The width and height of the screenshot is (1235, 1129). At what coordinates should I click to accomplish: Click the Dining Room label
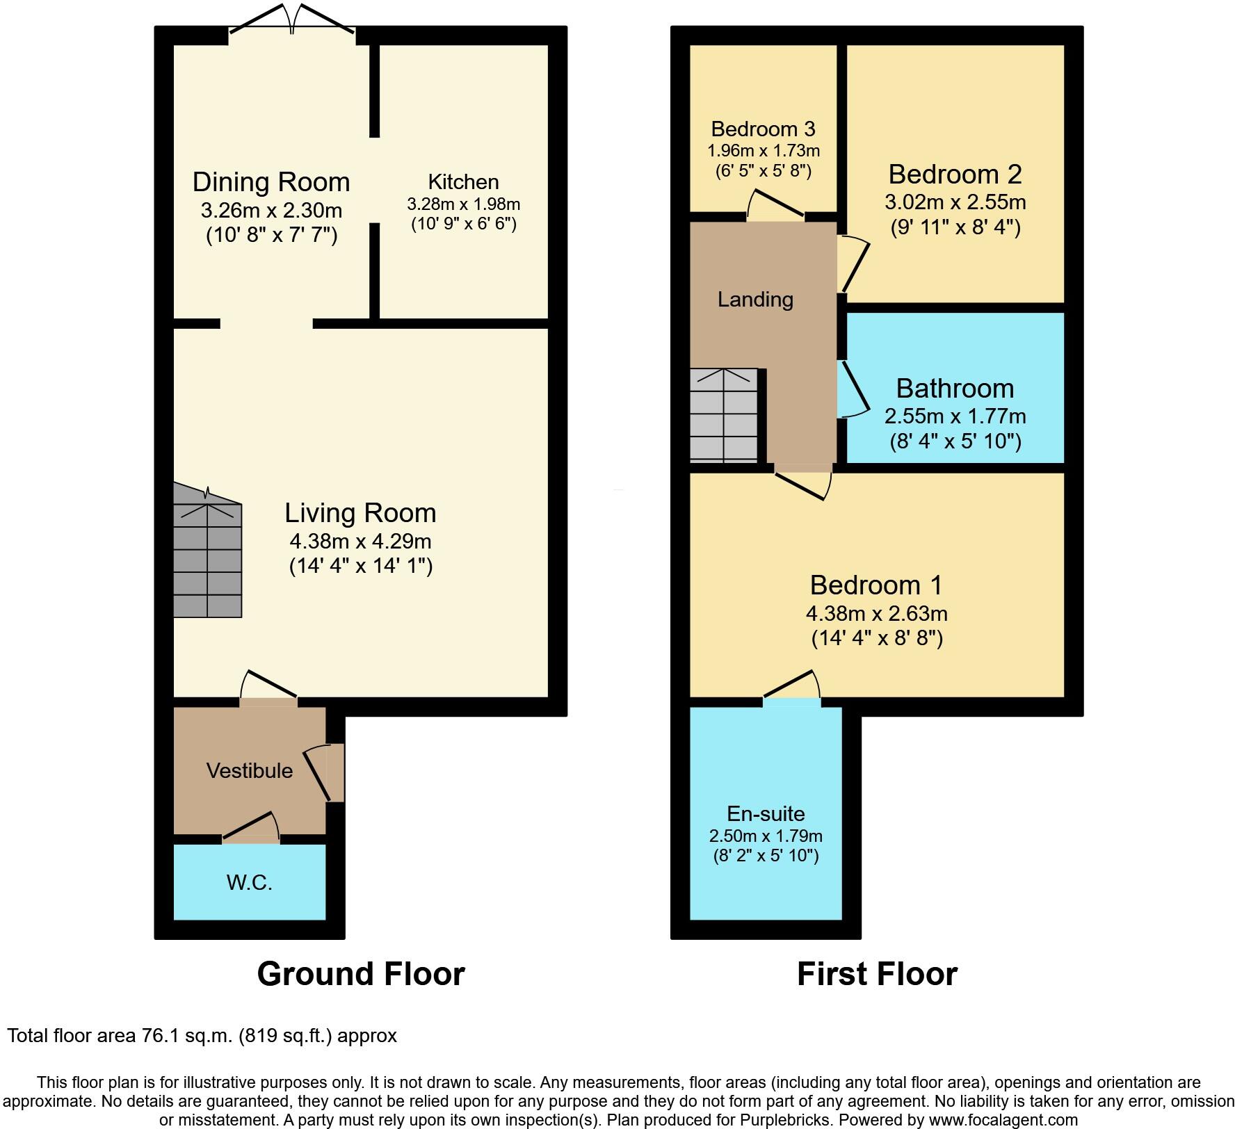point(271,182)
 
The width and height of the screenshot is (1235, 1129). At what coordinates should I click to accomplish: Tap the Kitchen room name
point(463,182)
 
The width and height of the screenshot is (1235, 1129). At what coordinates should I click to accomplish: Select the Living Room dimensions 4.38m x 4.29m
point(360,541)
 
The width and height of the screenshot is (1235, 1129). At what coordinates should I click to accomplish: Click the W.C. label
point(249,883)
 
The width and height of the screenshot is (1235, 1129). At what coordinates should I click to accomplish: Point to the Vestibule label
point(249,770)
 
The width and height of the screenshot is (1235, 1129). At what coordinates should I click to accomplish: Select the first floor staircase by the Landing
point(724,416)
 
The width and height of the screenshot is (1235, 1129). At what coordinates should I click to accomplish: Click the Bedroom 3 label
point(763,129)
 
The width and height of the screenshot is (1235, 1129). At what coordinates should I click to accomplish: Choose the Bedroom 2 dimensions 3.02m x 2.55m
point(955,202)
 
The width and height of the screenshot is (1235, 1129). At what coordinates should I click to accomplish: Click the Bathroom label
point(955,388)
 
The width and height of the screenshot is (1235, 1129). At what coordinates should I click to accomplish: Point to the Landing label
point(755,300)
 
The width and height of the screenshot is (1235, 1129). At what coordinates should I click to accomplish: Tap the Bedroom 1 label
point(876,585)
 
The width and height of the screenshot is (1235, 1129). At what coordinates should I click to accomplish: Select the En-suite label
point(766,813)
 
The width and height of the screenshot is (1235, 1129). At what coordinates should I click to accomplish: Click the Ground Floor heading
point(361,974)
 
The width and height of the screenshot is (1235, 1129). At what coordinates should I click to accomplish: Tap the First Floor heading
point(877,974)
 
